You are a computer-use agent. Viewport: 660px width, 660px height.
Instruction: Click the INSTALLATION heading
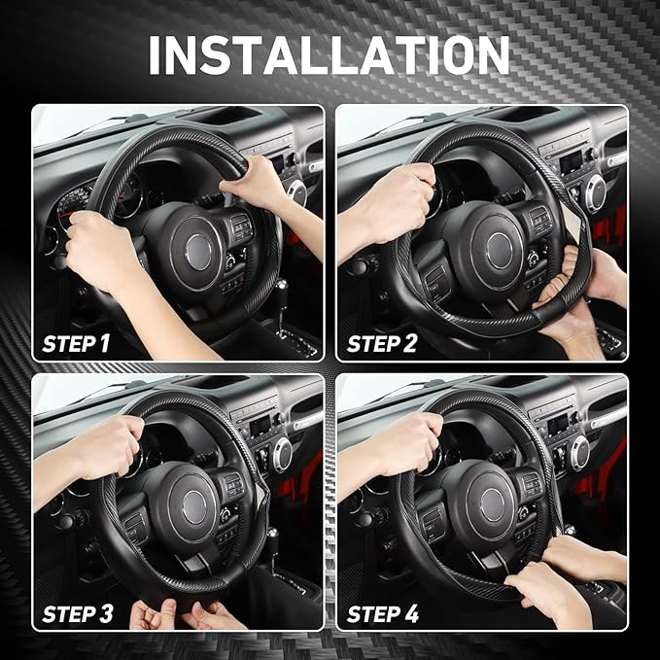[330, 55]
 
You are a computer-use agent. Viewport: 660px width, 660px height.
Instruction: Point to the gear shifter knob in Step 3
[273, 535]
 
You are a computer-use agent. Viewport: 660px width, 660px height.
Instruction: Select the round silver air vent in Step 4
[581, 452]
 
